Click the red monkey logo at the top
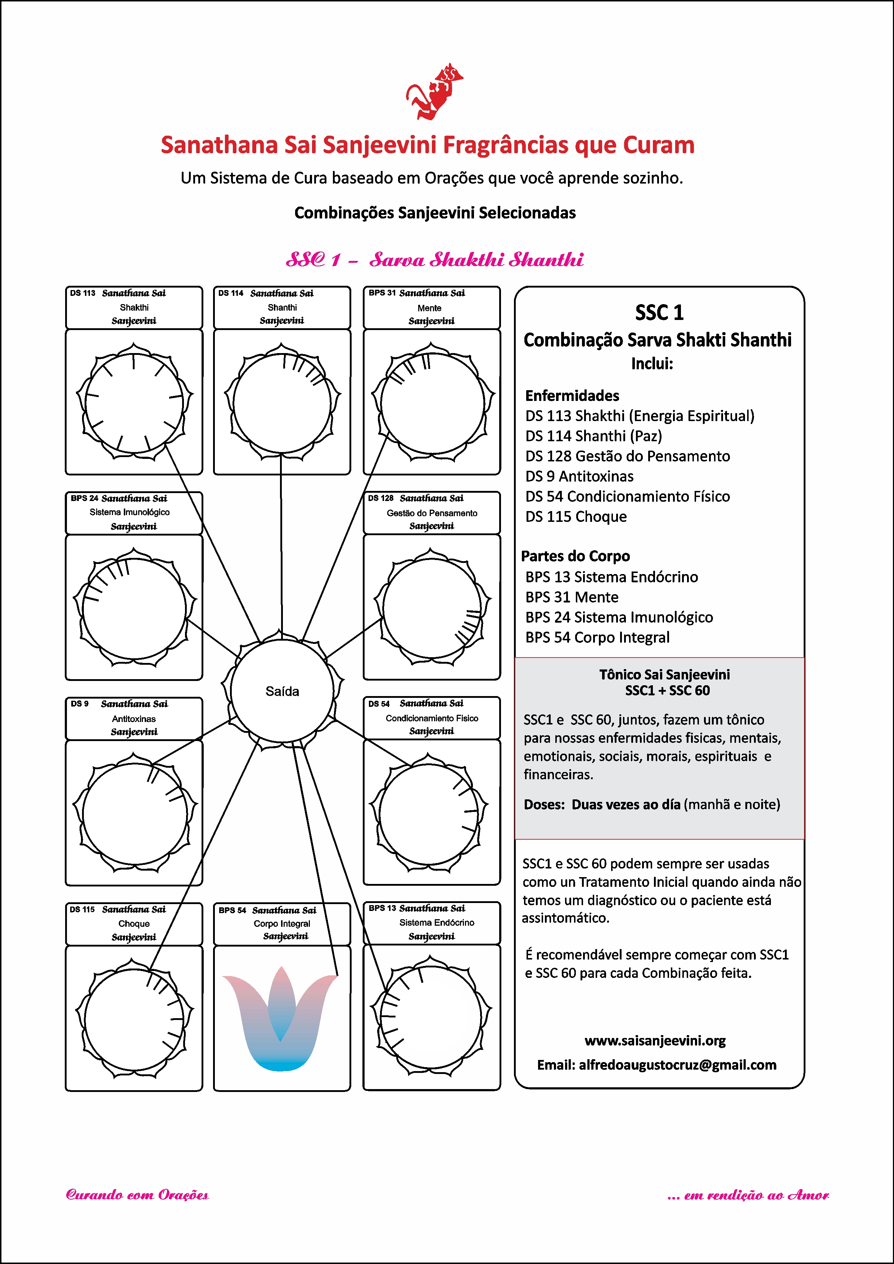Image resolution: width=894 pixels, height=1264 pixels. click(434, 91)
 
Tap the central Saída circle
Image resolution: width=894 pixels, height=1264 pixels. click(282, 691)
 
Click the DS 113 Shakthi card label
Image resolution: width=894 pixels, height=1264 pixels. click(134, 307)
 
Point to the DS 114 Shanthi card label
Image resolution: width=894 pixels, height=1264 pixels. click(282, 307)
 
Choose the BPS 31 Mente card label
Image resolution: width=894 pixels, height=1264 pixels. click(432, 308)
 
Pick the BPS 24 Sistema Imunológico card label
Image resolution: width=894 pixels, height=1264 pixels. click(134, 513)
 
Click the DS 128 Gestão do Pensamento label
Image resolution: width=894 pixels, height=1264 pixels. click(432, 513)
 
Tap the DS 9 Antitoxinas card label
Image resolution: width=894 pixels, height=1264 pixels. click(134, 718)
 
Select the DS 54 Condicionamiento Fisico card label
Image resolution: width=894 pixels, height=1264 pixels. click(432, 718)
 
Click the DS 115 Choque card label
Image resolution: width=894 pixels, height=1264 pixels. click(134, 923)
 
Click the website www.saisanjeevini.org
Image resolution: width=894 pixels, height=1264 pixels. click(655, 1040)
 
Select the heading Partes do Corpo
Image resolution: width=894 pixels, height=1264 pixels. click(575, 556)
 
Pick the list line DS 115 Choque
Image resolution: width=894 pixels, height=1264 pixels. click(576, 516)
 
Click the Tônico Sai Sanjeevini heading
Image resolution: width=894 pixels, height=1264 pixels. click(664, 675)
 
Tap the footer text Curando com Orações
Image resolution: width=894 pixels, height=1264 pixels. click(137, 1195)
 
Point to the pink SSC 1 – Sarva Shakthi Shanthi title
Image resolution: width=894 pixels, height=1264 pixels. click(434, 259)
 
